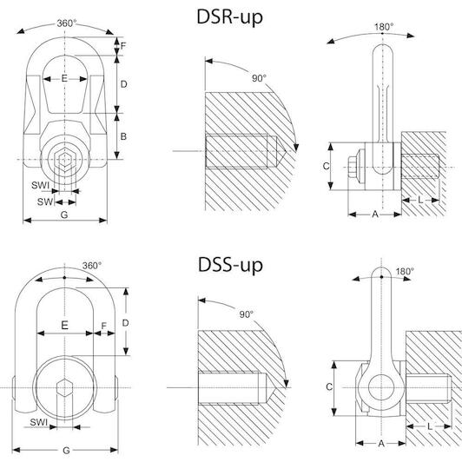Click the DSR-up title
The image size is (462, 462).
[229, 17]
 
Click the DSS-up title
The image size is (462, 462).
[230, 265]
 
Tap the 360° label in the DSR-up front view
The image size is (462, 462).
[67, 23]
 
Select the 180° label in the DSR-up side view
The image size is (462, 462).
[384, 27]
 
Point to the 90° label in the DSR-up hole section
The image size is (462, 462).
[259, 78]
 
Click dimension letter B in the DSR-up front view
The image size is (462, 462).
[123, 136]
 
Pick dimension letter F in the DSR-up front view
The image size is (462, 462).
[123, 46]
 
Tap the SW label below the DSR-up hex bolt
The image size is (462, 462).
[45, 201]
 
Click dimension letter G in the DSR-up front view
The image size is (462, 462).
[64, 214]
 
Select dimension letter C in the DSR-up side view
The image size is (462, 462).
[326, 166]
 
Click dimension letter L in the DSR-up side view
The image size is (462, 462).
[420, 200]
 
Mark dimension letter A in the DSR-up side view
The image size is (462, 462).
[375, 214]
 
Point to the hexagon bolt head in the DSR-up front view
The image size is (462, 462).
[64, 161]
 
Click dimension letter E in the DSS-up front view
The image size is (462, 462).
[64, 326]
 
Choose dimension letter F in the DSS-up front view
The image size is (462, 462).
[103, 326]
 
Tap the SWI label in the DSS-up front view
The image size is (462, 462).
[38, 422]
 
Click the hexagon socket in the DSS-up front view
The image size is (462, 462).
[64, 387]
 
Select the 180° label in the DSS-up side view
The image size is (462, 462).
[405, 271]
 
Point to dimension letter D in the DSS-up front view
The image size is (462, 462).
[125, 323]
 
